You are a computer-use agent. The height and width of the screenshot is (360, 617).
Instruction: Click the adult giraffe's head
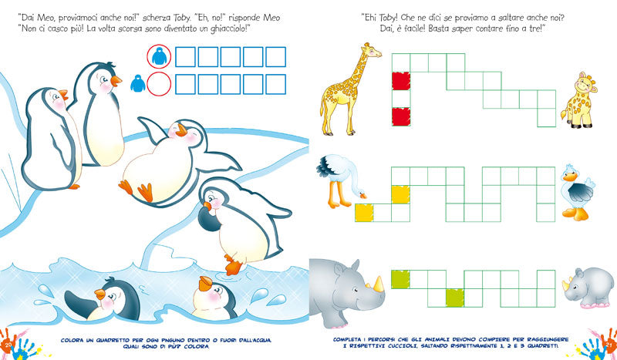point(369,50)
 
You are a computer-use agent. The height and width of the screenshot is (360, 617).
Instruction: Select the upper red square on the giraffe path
point(400,81)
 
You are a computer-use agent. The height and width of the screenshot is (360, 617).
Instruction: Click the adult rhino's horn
point(378,284)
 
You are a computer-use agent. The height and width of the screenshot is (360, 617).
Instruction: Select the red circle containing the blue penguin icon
point(160,56)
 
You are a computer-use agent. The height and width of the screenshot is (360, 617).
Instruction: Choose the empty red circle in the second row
point(160,84)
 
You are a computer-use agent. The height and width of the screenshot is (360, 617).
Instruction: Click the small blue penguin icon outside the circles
point(137,83)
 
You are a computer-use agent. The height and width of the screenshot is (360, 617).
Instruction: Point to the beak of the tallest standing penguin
point(116,79)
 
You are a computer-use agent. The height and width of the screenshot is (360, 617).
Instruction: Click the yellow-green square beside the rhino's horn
point(400,279)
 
